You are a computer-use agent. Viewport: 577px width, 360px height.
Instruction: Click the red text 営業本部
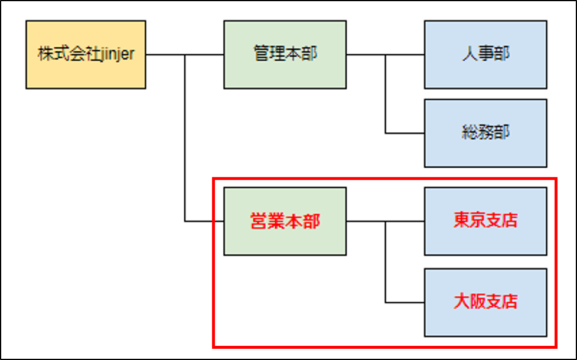click(x=285, y=221)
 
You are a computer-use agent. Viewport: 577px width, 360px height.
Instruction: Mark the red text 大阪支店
click(x=485, y=302)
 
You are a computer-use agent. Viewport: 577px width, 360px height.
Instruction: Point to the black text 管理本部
click(x=285, y=55)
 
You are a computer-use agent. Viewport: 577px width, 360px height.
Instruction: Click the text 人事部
click(x=485, y=55)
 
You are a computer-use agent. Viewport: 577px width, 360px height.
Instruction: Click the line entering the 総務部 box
click(x=405, y=133)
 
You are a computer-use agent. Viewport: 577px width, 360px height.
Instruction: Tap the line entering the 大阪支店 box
click(x=405, y=302)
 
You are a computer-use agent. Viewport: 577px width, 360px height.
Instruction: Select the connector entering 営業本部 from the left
click(x=204, y=221)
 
